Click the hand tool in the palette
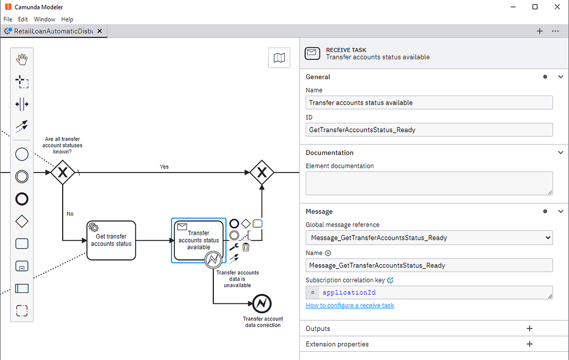[x=22, y=59]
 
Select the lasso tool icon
[x=22, y=82]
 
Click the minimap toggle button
[x=279, y=58]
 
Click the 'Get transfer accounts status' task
[x=111, y=240]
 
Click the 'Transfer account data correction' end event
[x=262, y=303]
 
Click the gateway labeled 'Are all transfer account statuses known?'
[x=63, y=173]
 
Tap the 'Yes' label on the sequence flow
[x=164, y=167]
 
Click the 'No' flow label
[x=70, y=214]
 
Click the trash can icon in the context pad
[x=246, y=247]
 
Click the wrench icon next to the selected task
[x=234, y=247]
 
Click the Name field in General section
[x=429, y=102]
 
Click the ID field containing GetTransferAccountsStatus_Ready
[x=429, y=130]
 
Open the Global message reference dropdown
[x=429, y=237]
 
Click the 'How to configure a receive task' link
[x=350, y=305]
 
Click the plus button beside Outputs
[x=529, y=329]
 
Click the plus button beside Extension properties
[x=529, y=344]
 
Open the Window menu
[x=45, y=19]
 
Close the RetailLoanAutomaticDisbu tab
[x=100, y=31]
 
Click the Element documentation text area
[x=429, y=183]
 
